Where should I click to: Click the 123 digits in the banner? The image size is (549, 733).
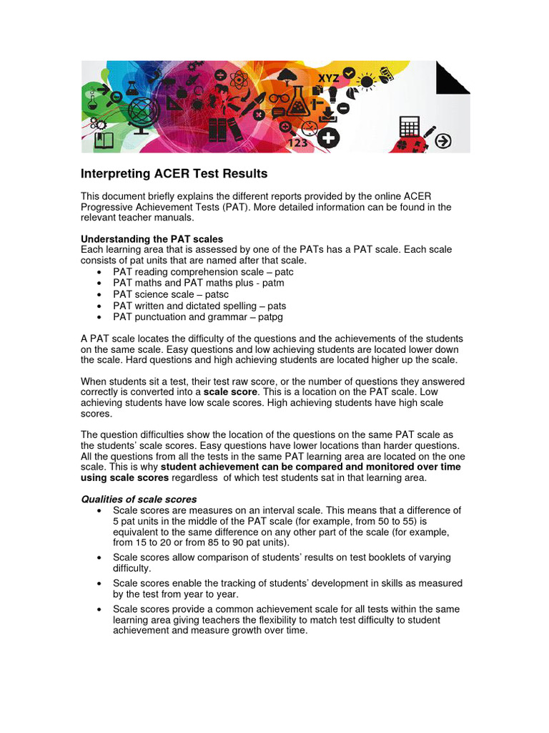click(297, 142)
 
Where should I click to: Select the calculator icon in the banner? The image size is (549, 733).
click(410, 127)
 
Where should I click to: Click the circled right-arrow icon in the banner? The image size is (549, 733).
click(443, 141)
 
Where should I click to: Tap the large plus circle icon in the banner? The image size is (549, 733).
click(328, 138)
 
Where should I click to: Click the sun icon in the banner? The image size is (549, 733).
click(367, 82)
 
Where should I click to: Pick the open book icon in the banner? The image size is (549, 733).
click(104, 140)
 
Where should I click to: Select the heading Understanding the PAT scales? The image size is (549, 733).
click(152, 238)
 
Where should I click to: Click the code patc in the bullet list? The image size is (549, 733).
click(282, 272)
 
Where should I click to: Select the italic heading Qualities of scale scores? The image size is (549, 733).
click(139, 499)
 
